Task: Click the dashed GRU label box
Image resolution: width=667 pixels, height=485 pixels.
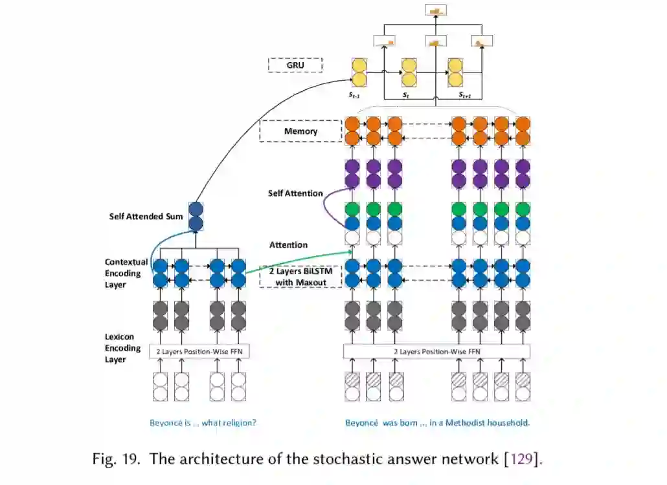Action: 295,65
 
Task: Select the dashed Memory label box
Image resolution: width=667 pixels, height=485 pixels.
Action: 300,131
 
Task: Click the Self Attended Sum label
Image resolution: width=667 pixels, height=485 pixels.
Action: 146,216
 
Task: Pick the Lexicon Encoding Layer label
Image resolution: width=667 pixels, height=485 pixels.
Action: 122,348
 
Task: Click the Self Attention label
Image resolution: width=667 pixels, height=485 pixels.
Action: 295,193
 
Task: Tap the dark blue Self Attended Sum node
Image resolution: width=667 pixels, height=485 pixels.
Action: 196,216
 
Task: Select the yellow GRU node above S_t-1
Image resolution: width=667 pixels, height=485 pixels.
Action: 359,72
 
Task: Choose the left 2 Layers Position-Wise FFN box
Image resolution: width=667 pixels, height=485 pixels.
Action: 200,352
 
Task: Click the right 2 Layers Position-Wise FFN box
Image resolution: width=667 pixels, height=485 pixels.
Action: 436,352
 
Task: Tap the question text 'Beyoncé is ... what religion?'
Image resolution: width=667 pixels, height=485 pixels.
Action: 203,424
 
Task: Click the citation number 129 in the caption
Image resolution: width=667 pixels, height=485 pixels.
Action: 522,460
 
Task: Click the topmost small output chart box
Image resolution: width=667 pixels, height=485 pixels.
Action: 435,10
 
